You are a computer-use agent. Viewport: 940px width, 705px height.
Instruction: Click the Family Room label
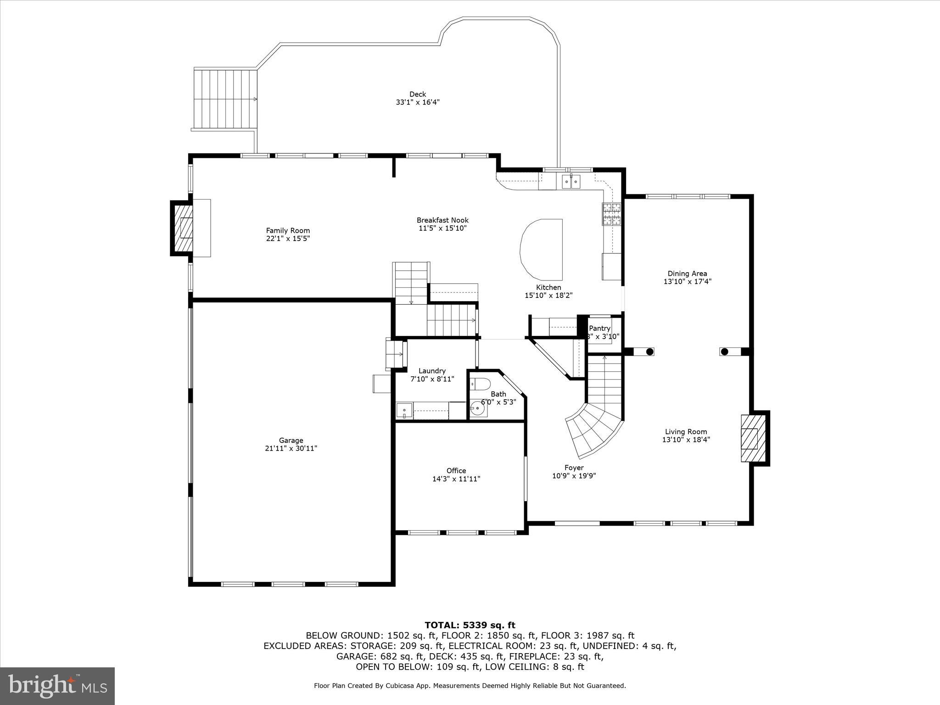point(288,230)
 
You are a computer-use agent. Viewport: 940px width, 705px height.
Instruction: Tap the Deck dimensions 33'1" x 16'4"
point(417,102)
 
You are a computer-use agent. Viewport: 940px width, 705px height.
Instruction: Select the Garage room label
point(291,440)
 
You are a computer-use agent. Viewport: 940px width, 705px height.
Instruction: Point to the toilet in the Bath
point(481,383)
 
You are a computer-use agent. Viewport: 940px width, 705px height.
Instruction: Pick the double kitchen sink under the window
point(571,182)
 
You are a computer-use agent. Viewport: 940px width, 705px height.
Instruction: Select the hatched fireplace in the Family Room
point(183,228)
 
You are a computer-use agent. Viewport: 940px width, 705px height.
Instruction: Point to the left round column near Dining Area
point(650,352)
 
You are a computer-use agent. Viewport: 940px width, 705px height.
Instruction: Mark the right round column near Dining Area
point(724,352)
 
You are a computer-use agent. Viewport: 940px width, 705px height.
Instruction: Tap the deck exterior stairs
point(225,99)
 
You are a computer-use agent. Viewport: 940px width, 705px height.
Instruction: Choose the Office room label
point(456,470)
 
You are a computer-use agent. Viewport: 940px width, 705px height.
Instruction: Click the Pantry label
point(599,328)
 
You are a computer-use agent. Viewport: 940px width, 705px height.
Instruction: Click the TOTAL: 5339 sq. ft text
point(470,625)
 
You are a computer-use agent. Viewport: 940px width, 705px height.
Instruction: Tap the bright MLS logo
point(57,686)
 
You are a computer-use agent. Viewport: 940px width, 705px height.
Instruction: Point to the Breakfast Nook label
point(442,220)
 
